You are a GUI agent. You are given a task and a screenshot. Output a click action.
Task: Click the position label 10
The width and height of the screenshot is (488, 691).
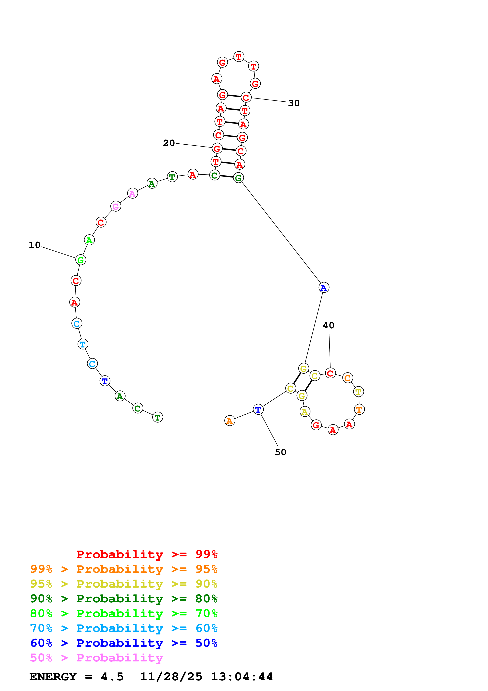pos(35,245)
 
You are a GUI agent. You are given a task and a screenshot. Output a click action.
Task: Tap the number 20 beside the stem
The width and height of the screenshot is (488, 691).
pos(169,143)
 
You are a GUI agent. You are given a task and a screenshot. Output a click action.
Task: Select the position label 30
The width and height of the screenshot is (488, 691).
pos(294,103)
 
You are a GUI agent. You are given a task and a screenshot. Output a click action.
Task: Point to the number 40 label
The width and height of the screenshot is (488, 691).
pos(328,325)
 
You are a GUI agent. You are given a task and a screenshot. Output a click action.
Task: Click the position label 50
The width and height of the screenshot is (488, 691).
pos(280,452)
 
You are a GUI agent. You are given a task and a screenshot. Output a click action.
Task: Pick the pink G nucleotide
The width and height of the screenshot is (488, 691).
pos(116,206)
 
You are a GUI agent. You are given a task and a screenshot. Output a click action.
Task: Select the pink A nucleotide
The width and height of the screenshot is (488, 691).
pos(132,193)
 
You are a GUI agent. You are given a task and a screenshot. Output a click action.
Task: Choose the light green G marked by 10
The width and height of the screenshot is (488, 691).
pos(81,260)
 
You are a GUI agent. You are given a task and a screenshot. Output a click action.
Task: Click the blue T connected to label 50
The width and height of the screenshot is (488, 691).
pos(258,409)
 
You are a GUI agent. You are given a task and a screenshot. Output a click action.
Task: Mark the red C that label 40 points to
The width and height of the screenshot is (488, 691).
pos(330,373)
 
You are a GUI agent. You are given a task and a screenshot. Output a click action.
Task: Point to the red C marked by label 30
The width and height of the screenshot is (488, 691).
pos(246,97)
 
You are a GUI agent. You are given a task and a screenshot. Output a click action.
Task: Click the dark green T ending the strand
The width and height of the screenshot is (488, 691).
pos(157,417)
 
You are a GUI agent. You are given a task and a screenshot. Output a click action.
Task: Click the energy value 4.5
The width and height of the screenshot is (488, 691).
pos(112,677)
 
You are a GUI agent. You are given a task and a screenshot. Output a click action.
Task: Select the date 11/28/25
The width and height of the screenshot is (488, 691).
pos(171,677)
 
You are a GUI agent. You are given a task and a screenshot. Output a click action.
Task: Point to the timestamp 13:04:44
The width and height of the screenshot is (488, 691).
pos(242,677)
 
